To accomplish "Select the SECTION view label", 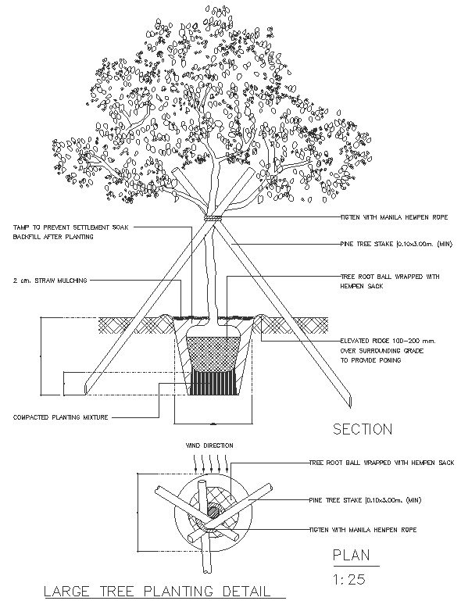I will click(362, 429).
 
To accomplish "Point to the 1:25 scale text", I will click(348, 580).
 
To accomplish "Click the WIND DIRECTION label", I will click(209, 445).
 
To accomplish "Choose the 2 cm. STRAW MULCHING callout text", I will click(50, 280).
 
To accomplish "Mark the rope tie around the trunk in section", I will click(210, 218).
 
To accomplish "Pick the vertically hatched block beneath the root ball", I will click(213, 385).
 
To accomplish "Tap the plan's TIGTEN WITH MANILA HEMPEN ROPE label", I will click(362, 529).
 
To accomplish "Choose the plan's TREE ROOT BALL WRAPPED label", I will click(381, 463).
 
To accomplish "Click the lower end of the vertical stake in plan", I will click(208, 565).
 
